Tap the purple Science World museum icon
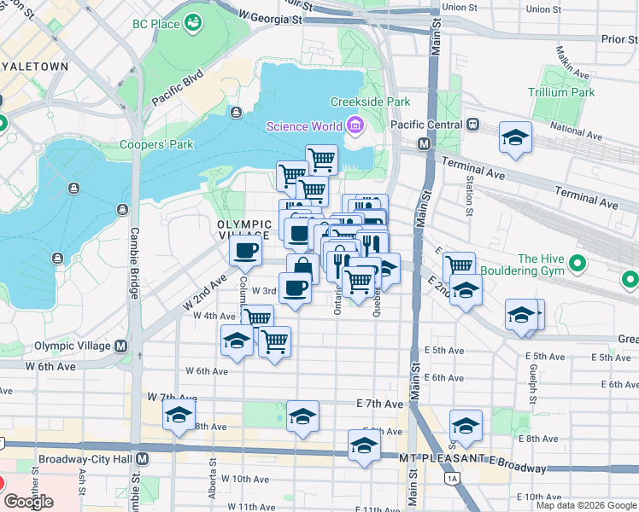click(355, 127)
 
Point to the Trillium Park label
click(560, 91)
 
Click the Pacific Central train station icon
click(472, 125)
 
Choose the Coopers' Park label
click(156, 144)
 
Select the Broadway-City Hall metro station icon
click(142, 459)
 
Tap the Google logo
click(28, 502)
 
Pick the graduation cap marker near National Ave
click(516, 138)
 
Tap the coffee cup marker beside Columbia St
click(245, 250)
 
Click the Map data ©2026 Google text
click(586, 505)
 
